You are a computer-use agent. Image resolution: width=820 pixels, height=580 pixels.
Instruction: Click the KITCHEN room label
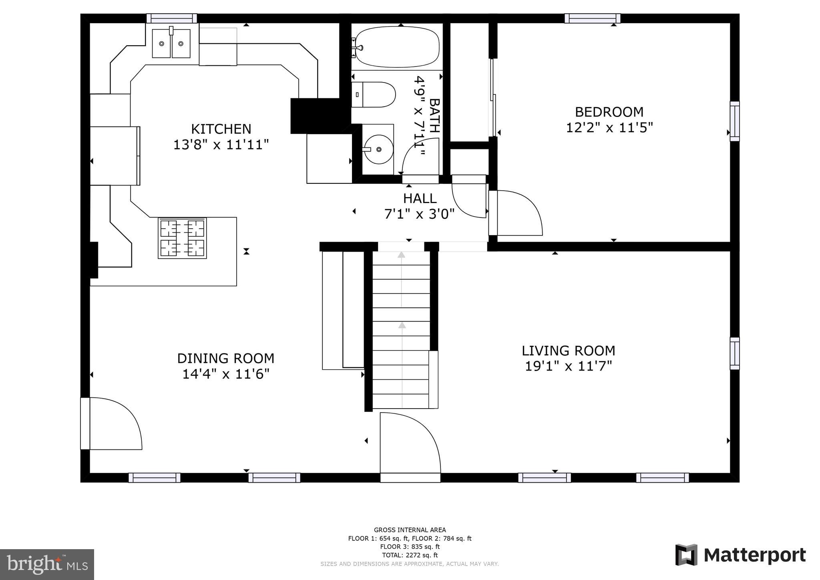(221, 129)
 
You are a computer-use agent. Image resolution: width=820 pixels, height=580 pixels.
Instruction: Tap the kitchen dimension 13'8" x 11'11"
(221, 145)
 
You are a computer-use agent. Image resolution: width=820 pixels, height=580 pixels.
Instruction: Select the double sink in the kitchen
(171, 44)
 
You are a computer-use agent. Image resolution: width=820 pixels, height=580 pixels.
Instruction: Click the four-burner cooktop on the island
(182, 238)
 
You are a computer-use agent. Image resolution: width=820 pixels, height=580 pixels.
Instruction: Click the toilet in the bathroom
(374, 95)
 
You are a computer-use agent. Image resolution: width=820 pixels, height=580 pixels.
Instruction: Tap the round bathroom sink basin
(378, 149)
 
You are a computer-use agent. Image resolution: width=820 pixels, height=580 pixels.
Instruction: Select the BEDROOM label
(609, 112)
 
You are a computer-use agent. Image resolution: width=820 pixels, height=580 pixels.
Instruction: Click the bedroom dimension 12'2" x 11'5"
(609, 128)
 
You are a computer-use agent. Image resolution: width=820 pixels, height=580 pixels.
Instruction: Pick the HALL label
(420, 198)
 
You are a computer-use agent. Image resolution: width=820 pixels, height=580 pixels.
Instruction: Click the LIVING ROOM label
(568, 351)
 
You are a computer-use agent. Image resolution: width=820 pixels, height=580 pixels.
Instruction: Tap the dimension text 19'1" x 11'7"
(568, 366)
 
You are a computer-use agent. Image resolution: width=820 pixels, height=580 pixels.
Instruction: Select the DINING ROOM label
(225, 358)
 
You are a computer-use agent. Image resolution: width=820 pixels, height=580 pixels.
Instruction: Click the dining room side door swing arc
(120, 421)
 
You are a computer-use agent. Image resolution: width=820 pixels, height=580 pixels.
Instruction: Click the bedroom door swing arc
(521, 210)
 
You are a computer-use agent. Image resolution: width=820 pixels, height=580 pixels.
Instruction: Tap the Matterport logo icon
(686, 555)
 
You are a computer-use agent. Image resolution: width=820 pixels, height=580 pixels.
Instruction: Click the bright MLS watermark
(47, 564)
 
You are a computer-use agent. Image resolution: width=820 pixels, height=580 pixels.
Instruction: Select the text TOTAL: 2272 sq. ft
(410, 555)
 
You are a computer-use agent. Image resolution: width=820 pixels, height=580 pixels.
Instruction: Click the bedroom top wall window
(592, 18)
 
